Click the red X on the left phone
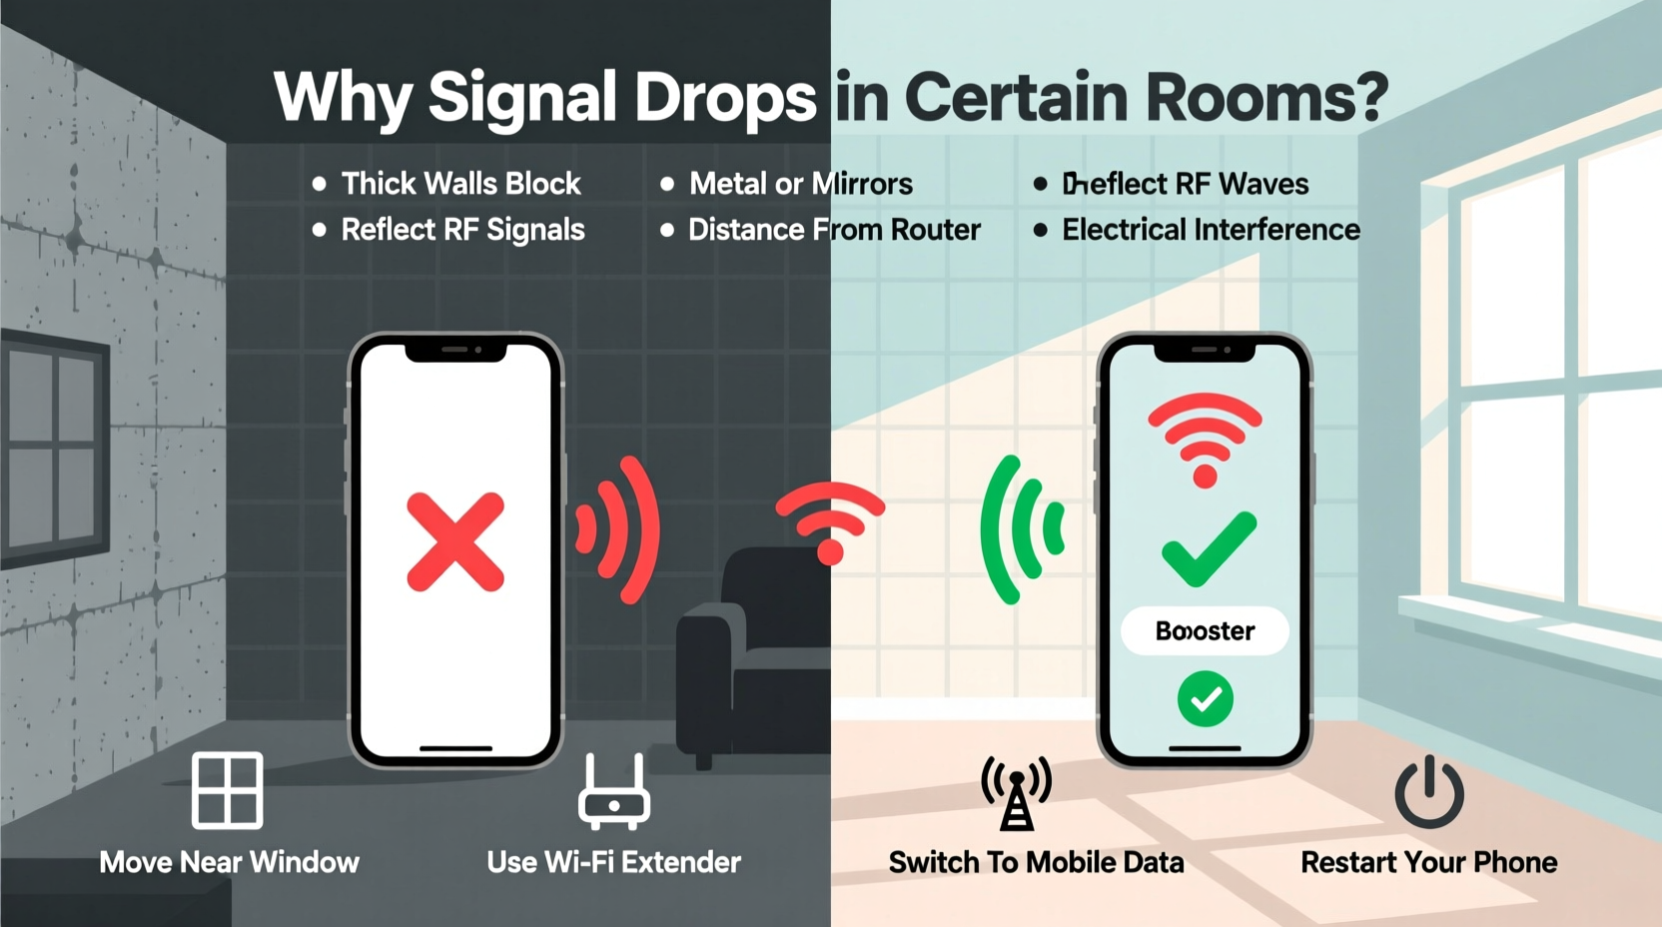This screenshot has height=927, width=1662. pyautogui.click(x=455, y=541)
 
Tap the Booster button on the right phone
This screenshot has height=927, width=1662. pyautogui.click(x=1205, y=631)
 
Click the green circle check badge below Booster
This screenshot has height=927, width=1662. pyautogui.click(x=1206, y=699)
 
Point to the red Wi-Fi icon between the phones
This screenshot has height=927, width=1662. pyautogui.click(x=830, y=519)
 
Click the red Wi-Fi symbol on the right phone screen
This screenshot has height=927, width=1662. pyautogui.click(x=1206, y=438)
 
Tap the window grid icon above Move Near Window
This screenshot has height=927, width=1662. pyautogui.click(x=228, y=790)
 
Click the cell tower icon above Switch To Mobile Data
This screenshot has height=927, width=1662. pyautogui.click(x=1017, y=793)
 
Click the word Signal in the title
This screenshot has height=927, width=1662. pyautogui.click(x=522, y=98)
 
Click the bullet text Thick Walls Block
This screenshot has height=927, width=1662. pyautogui.click(x=460, y=184)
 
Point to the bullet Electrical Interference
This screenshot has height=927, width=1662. pyautogui.click(x=1211, y=230)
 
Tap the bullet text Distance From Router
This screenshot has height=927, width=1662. pyautogui.click(x=834, y=230)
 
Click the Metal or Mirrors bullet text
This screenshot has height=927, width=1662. pyautogui.click(x=800, y=184)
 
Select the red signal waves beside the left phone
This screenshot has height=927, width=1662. pyautogui.click(x=620, y=529)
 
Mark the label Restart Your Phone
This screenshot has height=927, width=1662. pyautogui.click(x=1428, y=862)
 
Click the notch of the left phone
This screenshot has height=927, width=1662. pyautogui.click(x=455, y=351)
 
